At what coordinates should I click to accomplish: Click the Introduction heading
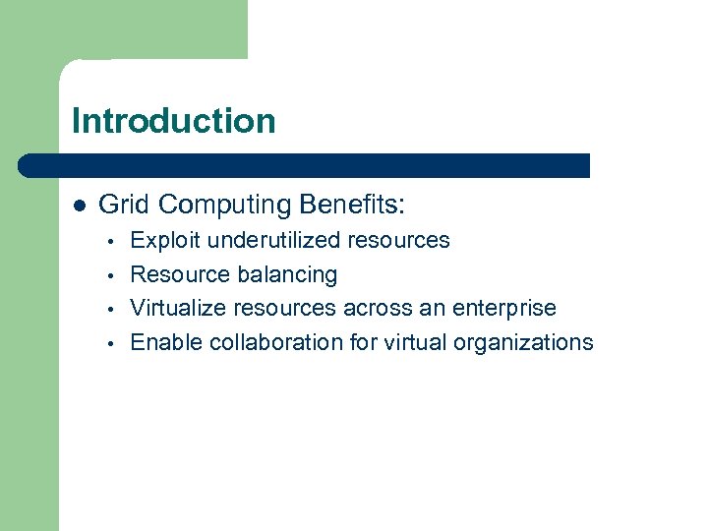pyautogui.click(x=174, y=121)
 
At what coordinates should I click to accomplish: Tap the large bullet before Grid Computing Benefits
pyautogui.click(x=80, y=205)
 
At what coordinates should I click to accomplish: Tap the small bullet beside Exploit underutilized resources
pyautogui.click(x=114, y=241)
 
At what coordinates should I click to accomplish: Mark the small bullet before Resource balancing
pyautogui.click(x=114, y=275)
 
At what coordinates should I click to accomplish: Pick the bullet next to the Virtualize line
pyautogui.click(x=114, y=310)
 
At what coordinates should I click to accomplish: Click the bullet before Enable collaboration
pyautogui.click(x=114, y=344)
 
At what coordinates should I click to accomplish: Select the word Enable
pyautogui.click(x=162, y=342)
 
